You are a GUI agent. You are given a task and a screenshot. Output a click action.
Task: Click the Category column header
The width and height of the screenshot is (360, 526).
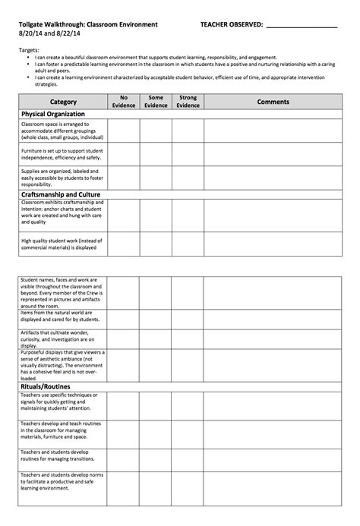(62, 101)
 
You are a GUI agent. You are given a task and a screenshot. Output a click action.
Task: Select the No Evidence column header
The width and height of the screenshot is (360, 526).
(123, 101)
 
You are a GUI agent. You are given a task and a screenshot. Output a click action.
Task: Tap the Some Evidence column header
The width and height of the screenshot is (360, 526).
(156, 101)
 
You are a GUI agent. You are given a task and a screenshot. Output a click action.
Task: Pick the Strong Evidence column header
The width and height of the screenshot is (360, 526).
(187, 101)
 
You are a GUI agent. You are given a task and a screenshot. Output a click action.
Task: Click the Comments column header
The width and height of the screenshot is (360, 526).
(273, 101)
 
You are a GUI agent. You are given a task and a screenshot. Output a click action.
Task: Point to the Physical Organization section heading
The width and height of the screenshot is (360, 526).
(53, 113)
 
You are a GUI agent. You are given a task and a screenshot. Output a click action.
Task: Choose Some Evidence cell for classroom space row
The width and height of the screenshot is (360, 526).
(156, 131)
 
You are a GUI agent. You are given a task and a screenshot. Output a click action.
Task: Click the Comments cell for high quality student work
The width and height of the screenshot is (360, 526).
(273, 243)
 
